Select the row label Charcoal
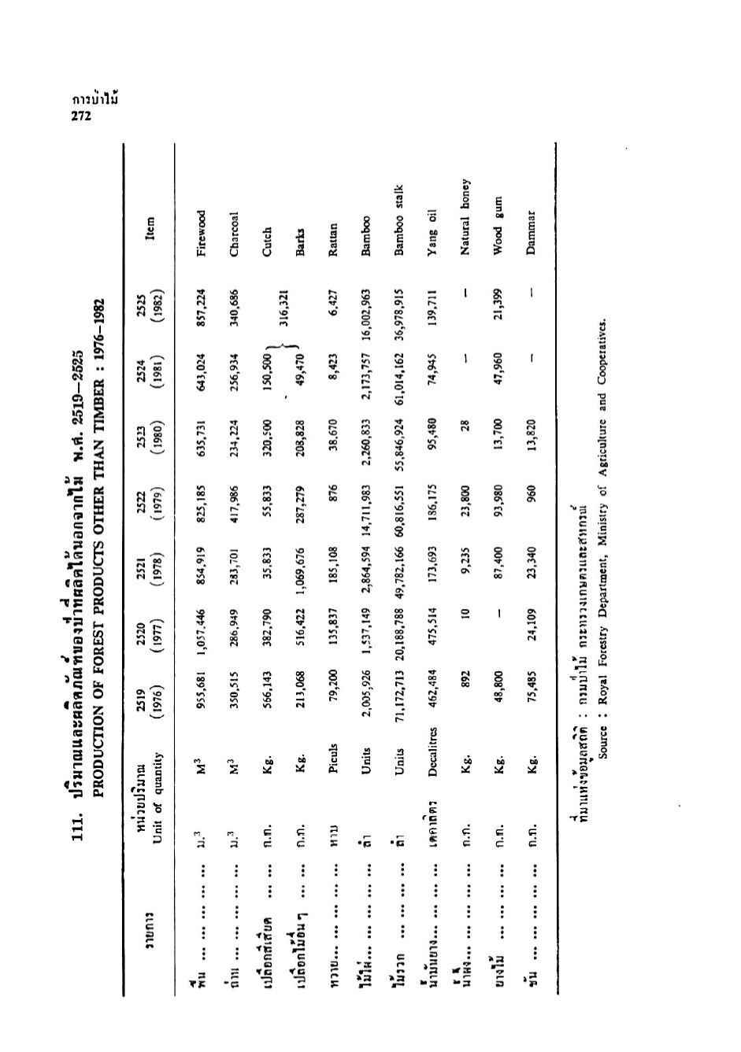coord(234,234)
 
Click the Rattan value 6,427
coord(335,300)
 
